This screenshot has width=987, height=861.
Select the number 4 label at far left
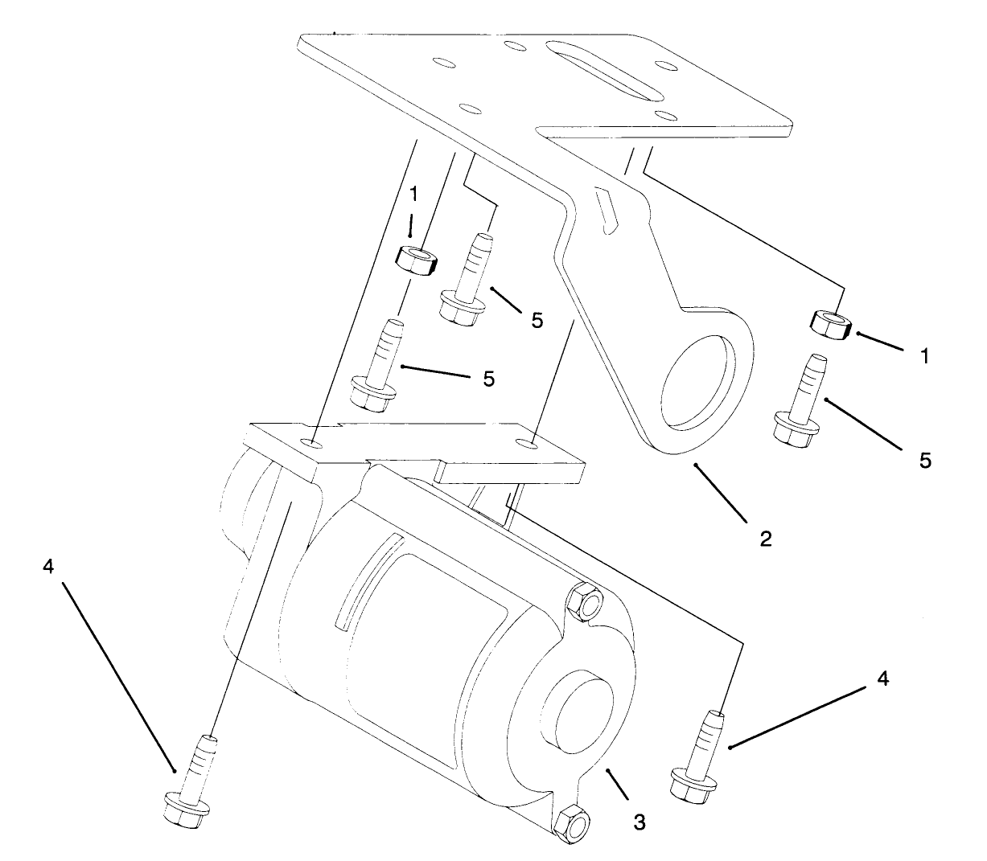pyautogui.click(x=49, y=566)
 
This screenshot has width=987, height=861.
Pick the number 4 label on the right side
pyautogui.click(x=882, y=679)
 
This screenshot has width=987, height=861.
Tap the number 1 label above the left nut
pyautogui.click(x=413, y=195)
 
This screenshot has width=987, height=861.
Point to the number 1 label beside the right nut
pyautogui.click(x=925, y=356)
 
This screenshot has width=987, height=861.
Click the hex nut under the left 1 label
pyautogui.click(x=416, y=258)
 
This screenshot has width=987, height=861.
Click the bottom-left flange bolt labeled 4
pyautogui.click(x=191, y=780)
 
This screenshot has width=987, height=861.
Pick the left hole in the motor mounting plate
pyautogui.click(x=314, y=443)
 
